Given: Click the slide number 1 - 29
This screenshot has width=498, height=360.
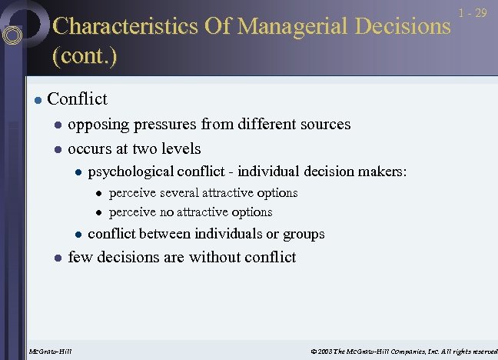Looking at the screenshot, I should [473, 13].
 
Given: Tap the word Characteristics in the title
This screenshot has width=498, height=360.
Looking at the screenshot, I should [125, 26].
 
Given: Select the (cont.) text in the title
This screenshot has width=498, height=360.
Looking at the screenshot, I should [84, 56].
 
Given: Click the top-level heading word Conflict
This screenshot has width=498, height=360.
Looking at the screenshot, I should [77, 99].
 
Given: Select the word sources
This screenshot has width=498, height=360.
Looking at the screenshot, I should [324, 124].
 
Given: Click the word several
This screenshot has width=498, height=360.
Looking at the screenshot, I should [183, 192].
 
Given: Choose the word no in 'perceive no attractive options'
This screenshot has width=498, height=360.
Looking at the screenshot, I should [166, 212].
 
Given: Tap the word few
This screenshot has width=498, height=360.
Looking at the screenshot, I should [80, 257].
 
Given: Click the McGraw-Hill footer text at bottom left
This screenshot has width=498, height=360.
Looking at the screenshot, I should [50, 352].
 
